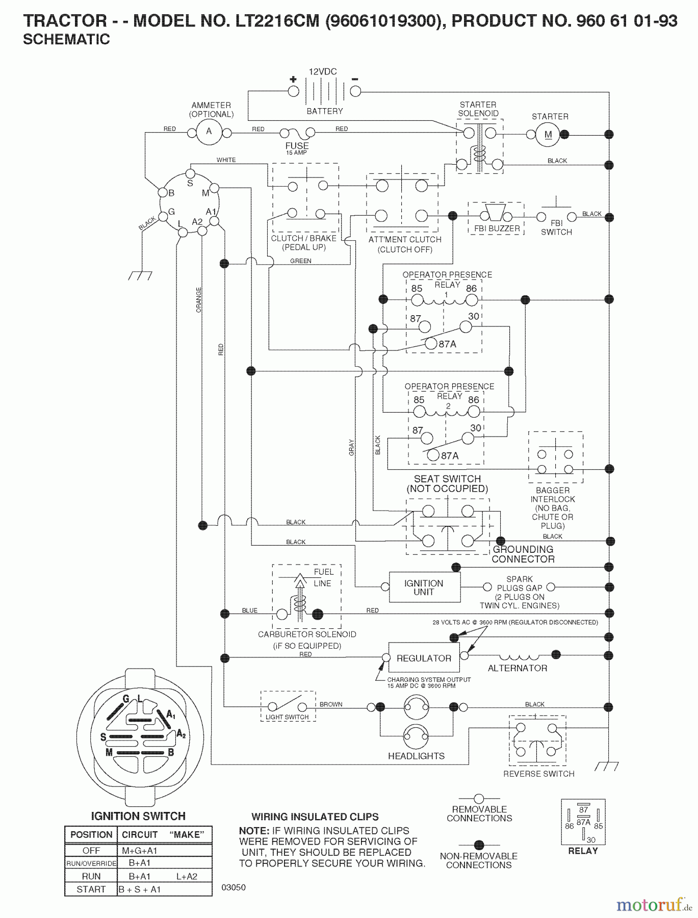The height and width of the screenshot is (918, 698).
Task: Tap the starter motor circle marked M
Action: tap(548, 135)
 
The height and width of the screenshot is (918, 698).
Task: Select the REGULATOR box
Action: tap(424, 658)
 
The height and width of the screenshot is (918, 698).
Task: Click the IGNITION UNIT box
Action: tap(424, 588)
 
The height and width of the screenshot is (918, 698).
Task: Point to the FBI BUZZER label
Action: tap(497, 228)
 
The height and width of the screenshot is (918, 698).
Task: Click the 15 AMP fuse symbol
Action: tap(297, 134)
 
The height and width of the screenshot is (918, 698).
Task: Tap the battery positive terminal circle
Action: tap(293, 91)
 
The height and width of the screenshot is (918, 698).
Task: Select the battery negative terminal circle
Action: tap(355, 91)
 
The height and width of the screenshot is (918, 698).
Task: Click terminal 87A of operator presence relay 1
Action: tap(431, 344)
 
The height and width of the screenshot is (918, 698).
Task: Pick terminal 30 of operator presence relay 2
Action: tap(467, 438)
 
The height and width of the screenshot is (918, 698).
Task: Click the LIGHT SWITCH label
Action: tap(287, 717)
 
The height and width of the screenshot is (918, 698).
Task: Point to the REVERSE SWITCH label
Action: tap(538, 774)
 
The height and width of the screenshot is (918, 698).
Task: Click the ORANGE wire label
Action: tap(199, 300)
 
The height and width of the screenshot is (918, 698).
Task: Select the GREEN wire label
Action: tap(300, 261)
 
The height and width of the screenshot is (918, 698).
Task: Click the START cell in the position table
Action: tap(91, 889)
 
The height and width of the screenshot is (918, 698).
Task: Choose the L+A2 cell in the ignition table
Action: tap(187, 876)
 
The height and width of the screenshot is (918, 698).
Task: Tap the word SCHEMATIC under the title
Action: tap(66, 40)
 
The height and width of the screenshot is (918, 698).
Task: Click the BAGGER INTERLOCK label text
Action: tap(552, 495)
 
